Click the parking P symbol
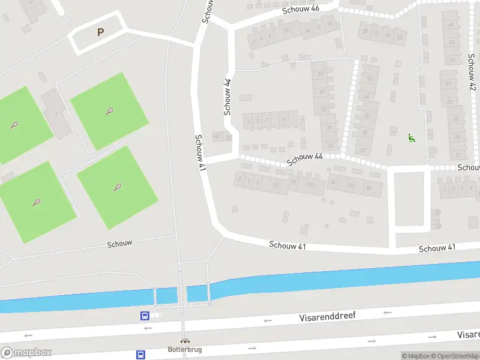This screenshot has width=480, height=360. (100, 32)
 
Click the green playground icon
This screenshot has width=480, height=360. (412, 138)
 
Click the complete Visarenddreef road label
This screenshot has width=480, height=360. (327, 316)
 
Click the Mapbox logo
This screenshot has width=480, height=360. (26, 353)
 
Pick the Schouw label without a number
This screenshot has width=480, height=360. (119, 244)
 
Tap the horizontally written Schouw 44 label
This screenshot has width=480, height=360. (305, 160)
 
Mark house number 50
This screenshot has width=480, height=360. (369, 79)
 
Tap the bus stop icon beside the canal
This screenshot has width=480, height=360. (145, 316)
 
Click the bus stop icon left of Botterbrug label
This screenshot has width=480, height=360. (140, 355)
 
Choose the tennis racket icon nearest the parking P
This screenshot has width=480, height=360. (109, 111)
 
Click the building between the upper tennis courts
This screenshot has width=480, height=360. (56, 113)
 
